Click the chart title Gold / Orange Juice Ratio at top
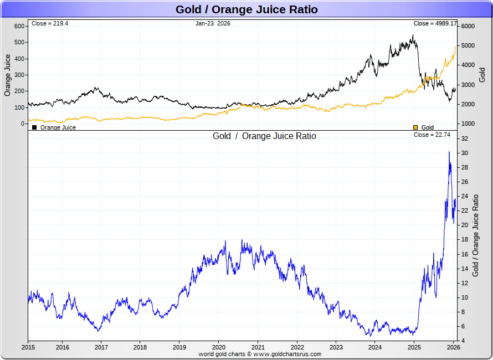[x=247, y=9]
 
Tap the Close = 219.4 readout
[x=50, y=24]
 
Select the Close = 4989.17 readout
[x=435, y=24]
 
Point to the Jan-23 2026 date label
[x=213, y=24]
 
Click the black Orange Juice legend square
[x=35, y=127]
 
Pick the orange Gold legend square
[x=415, y=127]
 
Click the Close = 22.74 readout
[x=435, y=135]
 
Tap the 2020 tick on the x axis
[x=218, y=348]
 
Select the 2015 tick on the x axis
[x=28, y=348]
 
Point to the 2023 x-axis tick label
[x=336, y=348]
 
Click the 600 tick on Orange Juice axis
[x=19, y=27]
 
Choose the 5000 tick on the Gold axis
[x=469, y=46]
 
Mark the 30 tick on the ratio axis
[x=465, y=153]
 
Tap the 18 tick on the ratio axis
[x=465, y=240]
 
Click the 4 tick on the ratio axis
[x=464, y=341]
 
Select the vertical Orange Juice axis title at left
[x=8, y=75]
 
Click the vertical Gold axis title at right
[x=482, y=75]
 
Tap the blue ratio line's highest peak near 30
[x=449, y=152]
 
